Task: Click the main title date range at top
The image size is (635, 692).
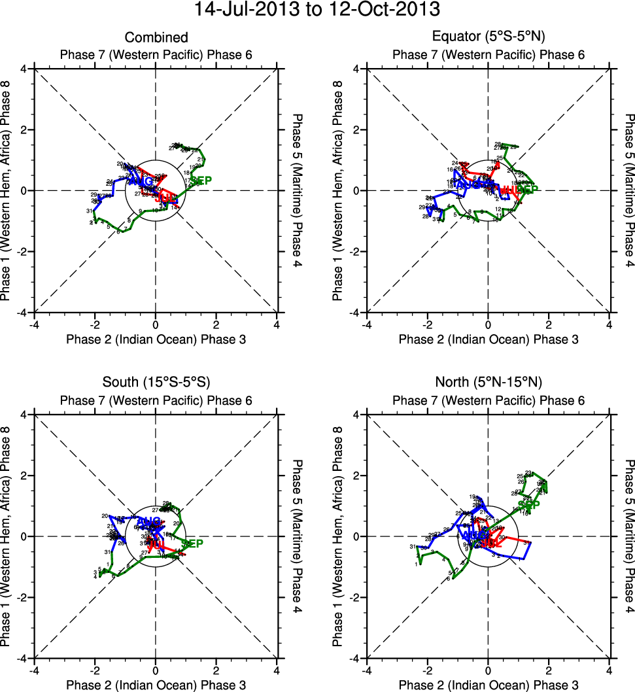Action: tap(317, 10)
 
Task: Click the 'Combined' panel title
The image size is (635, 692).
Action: tap(156, 37)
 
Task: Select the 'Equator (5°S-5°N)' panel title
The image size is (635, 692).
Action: tap(488, 37)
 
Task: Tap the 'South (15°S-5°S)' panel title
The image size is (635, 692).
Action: tap(156, 383)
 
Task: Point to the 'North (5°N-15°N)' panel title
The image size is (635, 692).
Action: tap(488, 383)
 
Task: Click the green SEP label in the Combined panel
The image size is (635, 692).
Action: tap(201, 181)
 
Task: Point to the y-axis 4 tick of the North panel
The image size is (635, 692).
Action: tap(358, 415)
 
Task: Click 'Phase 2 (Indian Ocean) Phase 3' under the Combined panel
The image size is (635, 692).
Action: tap(156, 339)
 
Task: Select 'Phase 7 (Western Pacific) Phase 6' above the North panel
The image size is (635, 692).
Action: tap(488, 400)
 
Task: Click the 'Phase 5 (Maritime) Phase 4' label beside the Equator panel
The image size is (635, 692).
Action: tap(628, 190)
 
